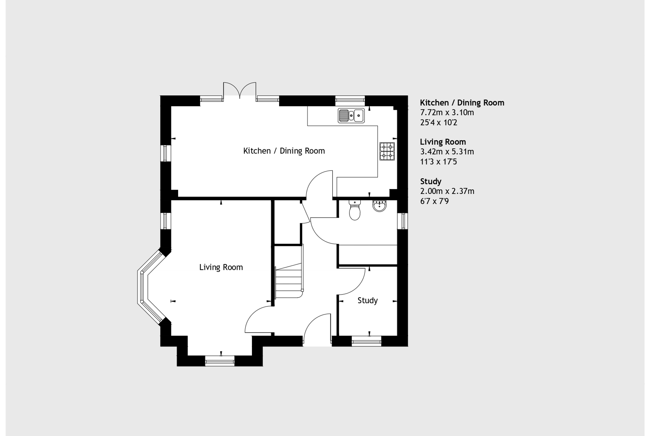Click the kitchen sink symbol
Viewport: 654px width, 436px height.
click(x=351, y=116)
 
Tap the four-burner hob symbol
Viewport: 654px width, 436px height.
click(x=387, y=151)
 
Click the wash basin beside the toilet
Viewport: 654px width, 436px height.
click(x=380, y=206)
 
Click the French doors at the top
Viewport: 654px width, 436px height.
click(x=239, y=90)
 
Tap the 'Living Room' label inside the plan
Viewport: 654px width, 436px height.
click(x=221, y=267)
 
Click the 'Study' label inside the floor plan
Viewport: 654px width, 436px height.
click(x=367, y=300)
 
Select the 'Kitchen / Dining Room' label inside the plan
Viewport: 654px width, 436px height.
click(x=284, y=151)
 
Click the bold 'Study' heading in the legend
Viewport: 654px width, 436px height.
click(x=430, y=181)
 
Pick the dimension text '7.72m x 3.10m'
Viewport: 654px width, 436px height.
click(x=447, y=113)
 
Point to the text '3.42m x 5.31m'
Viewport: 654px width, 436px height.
click(x=447, y=152)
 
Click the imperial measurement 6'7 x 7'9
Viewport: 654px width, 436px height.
click(x=434, y=201)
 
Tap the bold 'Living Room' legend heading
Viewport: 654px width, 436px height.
click(x=443, y=142)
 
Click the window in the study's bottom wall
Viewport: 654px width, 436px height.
click(x=366, y=341)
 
